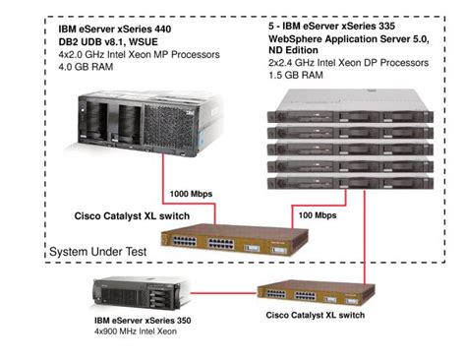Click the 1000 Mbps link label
(192, 195)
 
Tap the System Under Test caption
(98, 252)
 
